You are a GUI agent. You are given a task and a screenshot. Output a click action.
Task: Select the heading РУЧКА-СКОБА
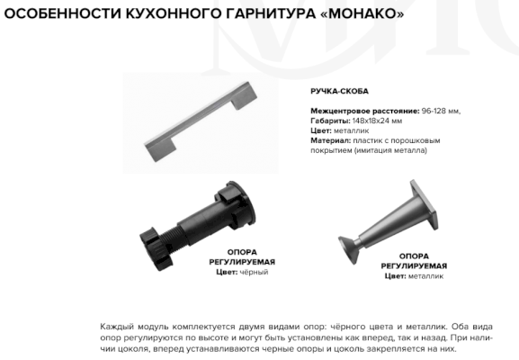point(339,91)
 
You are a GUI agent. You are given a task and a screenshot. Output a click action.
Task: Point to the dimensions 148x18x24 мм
point(378,121)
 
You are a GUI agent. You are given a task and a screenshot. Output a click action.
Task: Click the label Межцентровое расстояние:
point(365,111)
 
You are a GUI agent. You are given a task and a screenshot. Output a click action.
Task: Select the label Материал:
point(330,140)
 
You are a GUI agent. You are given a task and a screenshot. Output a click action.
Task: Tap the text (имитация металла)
point(390,150)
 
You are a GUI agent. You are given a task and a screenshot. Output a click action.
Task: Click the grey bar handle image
point(201,121)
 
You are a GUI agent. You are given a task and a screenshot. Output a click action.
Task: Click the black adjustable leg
point(198,226)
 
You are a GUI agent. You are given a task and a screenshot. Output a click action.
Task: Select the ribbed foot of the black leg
point(156,248)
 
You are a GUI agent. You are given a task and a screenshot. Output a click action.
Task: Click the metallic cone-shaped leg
point(388,221)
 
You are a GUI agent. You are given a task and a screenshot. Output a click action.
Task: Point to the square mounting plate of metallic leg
point(425,204)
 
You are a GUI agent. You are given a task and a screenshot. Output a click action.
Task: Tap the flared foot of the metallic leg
point(349,249)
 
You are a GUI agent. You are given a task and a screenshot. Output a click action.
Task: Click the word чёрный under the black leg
point(254,272)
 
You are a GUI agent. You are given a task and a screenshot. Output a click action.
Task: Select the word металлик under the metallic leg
point(425,276)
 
